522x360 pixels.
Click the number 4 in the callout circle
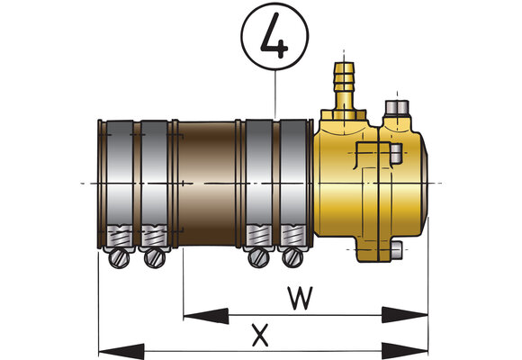pos(274,36)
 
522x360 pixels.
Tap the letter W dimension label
pos(301,298)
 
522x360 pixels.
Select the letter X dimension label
pos(260,336)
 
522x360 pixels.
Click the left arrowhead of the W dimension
pos(206,316)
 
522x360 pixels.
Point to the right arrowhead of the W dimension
pos(405,315)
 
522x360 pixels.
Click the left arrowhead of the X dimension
pos(121,352)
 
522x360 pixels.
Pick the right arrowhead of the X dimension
pos(405,351)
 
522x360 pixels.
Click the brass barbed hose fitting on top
pos(345,86)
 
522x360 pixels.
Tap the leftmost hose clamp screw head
pos(119,258)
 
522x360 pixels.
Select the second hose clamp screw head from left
pos(155,258)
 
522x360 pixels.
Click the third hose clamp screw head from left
pos(259,257)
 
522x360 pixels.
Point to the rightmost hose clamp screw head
pos(293,257)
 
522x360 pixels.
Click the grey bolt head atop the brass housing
pos(397,108)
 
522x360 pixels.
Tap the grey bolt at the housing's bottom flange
pos(397,250)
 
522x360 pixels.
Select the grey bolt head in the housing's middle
pos(396,154)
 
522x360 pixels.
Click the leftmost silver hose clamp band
pos(120,184)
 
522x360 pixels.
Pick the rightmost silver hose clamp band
pos(293,184)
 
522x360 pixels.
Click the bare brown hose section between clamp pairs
pos(207,184)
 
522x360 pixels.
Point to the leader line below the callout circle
pos(275,94)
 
